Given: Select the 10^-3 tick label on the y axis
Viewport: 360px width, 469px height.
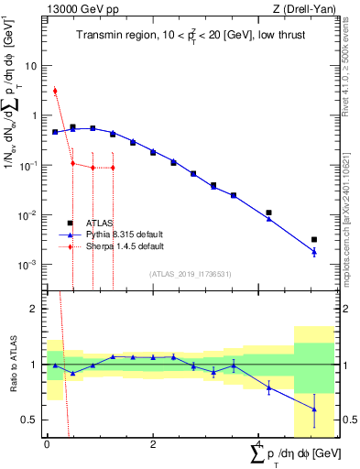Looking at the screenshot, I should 27,264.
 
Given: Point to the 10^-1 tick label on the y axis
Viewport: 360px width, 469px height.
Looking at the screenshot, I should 27,165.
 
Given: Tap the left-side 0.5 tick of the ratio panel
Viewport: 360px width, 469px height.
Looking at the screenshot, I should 30,420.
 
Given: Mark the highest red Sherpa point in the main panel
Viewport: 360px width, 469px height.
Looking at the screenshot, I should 55,91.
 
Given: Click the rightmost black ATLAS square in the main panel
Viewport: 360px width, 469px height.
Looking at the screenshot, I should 314,239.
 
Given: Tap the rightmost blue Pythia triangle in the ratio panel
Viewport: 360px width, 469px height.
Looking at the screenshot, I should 314,409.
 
